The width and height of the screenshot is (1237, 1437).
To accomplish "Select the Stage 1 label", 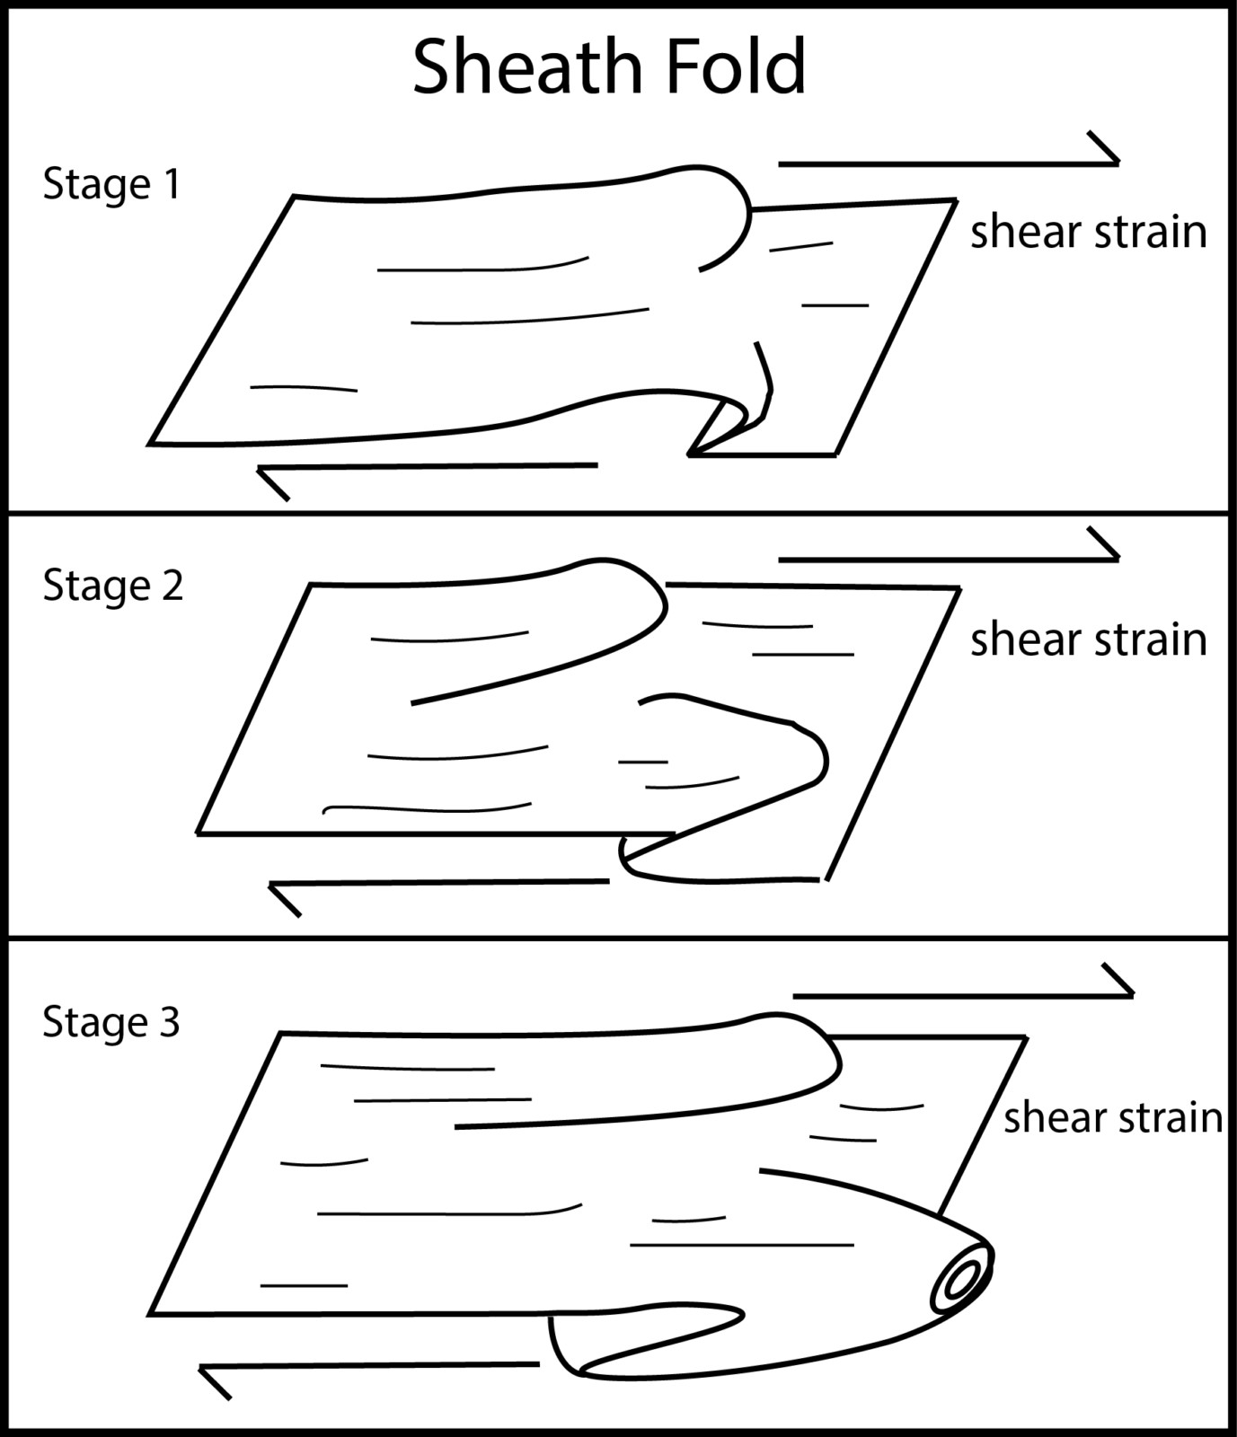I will pos(111,184).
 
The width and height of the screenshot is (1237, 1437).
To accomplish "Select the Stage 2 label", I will pos(113,586).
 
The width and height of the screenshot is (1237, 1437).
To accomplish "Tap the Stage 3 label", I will pos(111,1022).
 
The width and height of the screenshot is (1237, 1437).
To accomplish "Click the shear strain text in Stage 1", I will pos(1088,233).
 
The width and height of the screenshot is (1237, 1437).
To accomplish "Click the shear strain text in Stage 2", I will pos(1088,640).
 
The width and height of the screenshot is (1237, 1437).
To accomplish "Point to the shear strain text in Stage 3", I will pos(1112,1118).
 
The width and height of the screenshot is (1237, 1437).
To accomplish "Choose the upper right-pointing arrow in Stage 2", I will pos(948,558).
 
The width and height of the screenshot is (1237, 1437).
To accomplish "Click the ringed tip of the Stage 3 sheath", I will pos(961,1279).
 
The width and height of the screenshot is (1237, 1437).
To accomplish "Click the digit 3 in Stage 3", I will pos(169,1022).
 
